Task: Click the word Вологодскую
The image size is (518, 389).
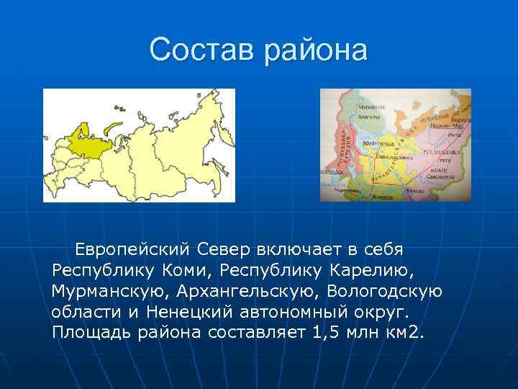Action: coord(385,291)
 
